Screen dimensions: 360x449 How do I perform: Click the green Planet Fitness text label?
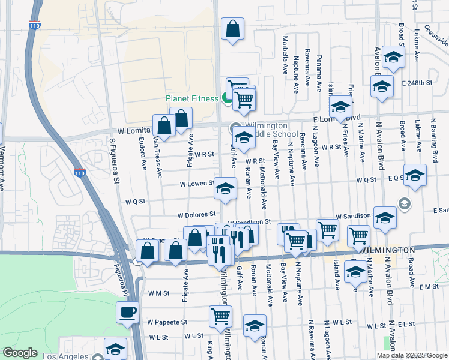(x=192, y=99)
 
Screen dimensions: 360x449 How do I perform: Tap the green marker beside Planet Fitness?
(x=227, y=98)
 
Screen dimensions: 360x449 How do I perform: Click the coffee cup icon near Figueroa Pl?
(x=127, y=312)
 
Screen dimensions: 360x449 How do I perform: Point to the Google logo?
(x=20, y=353)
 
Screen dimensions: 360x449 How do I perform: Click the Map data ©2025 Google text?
(x=411, y=355)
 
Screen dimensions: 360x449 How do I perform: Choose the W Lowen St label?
(x=196, y=182)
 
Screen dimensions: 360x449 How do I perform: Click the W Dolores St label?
(x=196, y=214)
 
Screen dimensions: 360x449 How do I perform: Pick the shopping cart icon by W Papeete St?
(x=220, y=316)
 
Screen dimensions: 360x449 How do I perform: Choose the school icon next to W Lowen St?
(x=225, y=189)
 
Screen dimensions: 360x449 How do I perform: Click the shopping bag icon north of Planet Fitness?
(x=232, y=28)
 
